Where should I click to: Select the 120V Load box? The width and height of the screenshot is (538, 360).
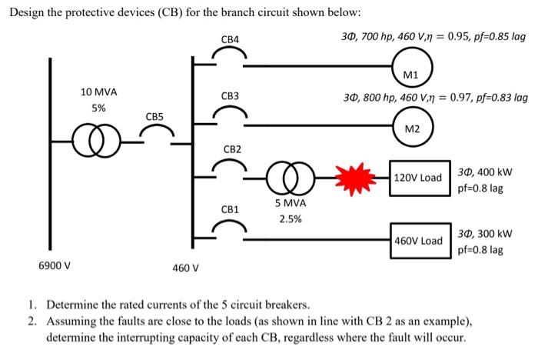point(417,178)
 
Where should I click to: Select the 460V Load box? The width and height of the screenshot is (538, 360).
point(417,240)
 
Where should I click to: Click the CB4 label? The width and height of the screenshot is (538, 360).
point(230,38)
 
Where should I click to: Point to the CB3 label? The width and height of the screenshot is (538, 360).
point(230,96)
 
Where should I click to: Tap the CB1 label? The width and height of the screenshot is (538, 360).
point(230,209)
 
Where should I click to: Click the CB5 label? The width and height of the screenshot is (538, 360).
point(154,116)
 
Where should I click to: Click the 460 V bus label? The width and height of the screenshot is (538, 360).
point(185,268)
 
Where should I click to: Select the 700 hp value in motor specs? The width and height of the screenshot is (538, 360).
point(378,37)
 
